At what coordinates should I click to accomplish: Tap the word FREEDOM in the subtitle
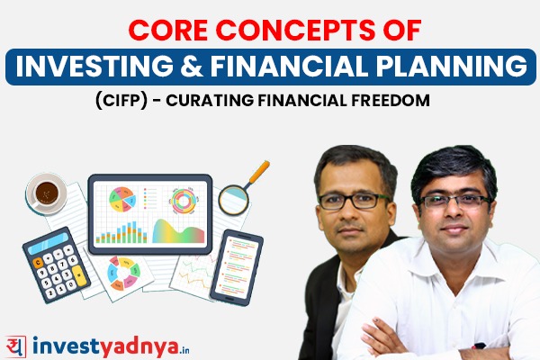(x=398, y=100)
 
